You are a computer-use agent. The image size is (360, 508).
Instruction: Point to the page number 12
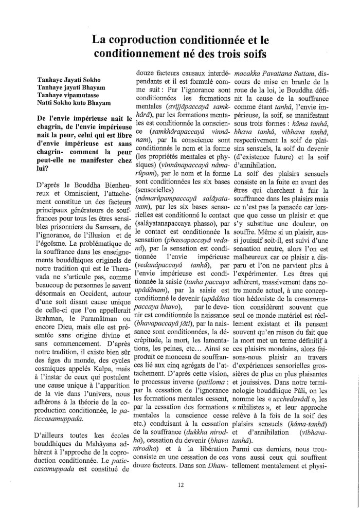pos(180,483)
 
